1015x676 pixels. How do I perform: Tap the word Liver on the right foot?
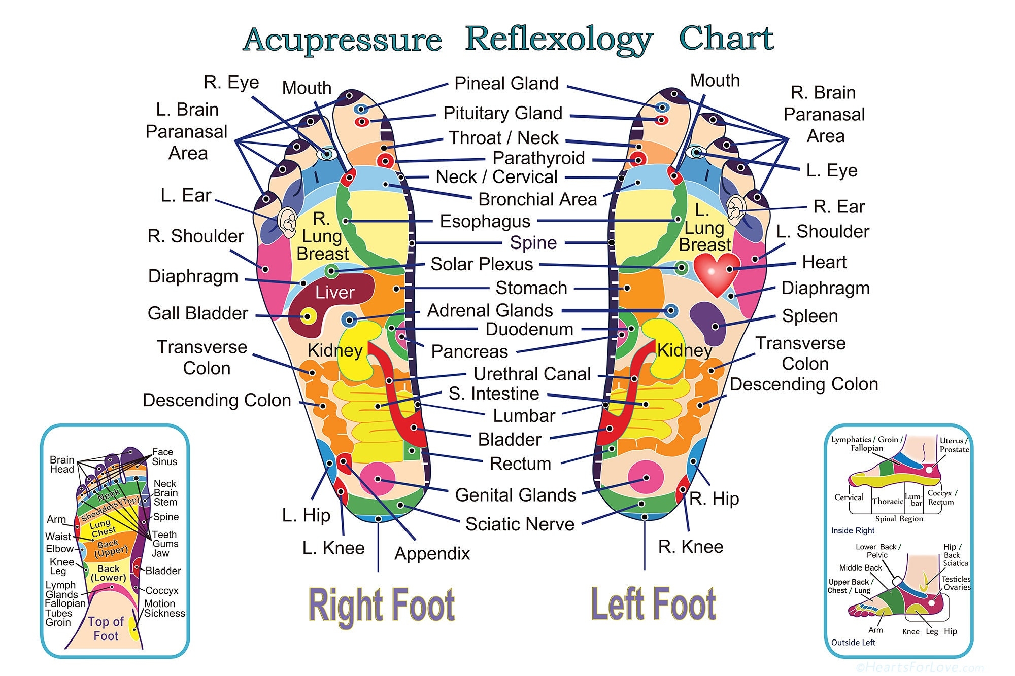pyautogui.click(x=334, y=292)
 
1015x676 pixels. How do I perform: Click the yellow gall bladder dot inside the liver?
pyautogui.click(x=307, y=317)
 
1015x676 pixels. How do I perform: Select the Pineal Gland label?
pyautogui.click(x=506, y=83)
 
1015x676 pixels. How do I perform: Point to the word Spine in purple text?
pyautogui.click(x=533, y=243)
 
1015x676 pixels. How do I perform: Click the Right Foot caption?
pyautogui.click(x=381, y=605)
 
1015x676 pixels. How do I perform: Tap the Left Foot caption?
pyautogui.click(x=653, y=603)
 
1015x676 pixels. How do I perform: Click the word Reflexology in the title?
pyautogui.click(x=559, y=39)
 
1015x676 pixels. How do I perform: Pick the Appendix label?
pyautogui.click(x=432, y=553)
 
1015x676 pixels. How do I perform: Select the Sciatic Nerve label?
pyautogui.click(x=520, y=524)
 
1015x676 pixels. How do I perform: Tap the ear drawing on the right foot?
pyautogui.click(x=287, y=222)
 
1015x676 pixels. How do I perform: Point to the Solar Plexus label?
pyautogui.click(x=482, y=264)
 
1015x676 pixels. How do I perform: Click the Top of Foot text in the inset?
pyautogui.click(x=106, y=628)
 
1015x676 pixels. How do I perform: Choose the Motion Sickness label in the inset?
pyautogui.click(x=164, y=608)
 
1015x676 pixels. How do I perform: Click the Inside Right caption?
pyautogui.click(x=853, y=530)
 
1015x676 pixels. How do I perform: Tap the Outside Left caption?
pyautogui.click(x=853, y=643)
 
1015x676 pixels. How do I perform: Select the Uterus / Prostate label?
pyautogui.click(x=954, y=445)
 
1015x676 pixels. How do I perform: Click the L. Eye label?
pyautogui.click(x=831, y=171)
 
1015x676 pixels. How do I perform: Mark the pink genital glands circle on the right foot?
pyautogui.click(x=377, y=479)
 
